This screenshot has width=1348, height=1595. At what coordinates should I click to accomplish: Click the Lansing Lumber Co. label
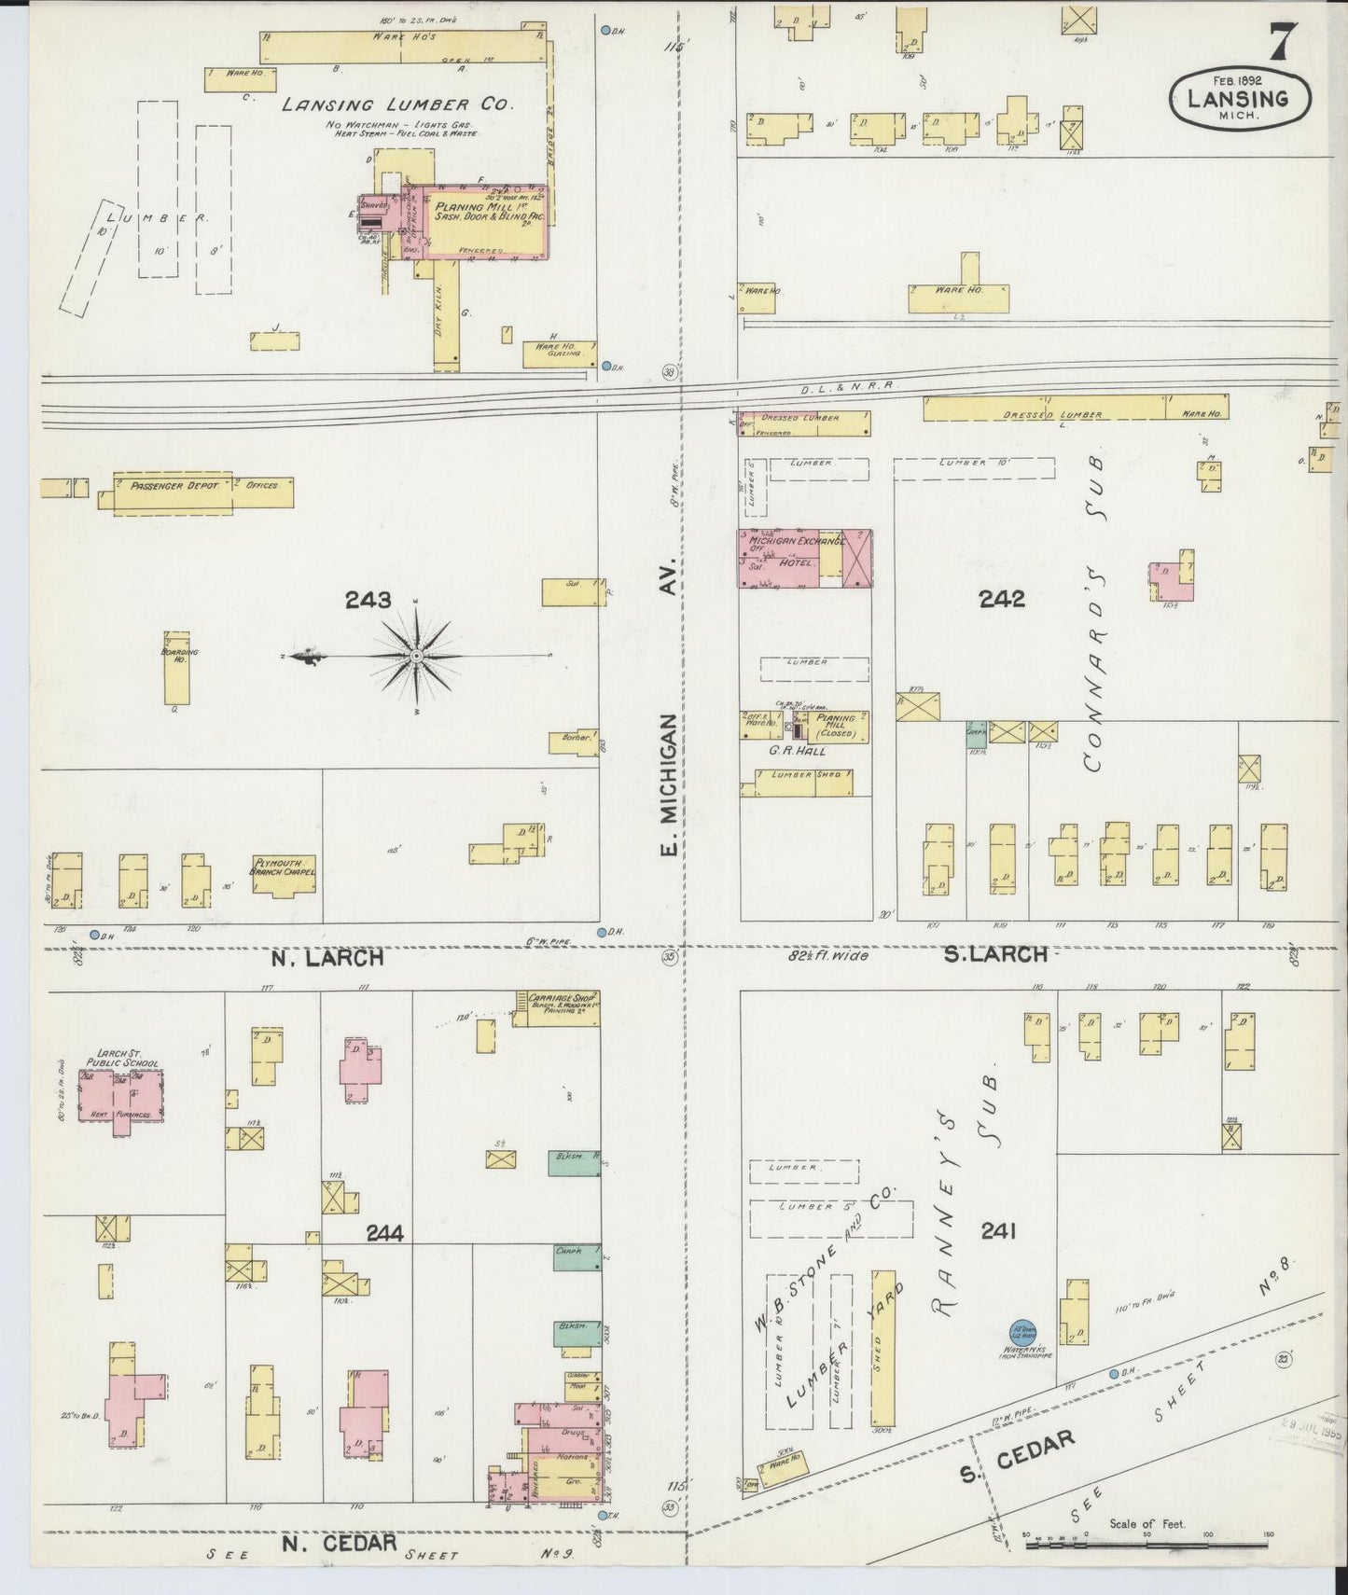coord(398,104)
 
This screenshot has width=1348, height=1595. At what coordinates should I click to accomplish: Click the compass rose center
coord(416,657)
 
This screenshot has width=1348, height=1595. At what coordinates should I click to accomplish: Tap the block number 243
coord(368,600)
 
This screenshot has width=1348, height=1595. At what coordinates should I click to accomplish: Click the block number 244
coord(384,1233)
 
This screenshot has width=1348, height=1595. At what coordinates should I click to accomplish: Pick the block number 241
coord(997,1231)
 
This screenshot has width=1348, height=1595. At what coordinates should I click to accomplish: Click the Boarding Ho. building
coord(176,669)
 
